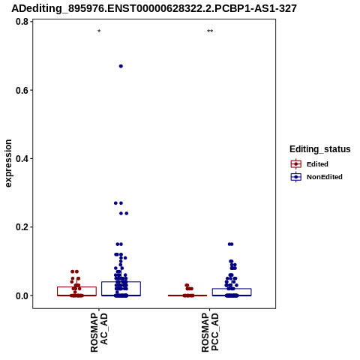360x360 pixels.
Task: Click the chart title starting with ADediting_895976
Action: [154, 8]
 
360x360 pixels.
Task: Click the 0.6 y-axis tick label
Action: [22, 90]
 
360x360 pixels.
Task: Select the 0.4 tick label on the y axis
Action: [22, 158]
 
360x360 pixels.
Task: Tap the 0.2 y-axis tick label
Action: [22, 227]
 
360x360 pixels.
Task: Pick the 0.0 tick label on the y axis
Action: [22, 295]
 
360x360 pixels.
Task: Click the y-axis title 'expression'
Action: [8, 163]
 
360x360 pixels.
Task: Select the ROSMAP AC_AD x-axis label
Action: [99, 333]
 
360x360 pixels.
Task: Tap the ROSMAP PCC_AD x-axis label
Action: [210, 333]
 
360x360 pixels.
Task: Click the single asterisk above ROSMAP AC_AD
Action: [99, 31]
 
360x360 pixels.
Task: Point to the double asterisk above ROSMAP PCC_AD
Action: [210, 31]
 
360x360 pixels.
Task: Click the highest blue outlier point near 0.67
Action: [121, 66]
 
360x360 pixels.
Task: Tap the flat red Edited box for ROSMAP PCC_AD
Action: [187, 295]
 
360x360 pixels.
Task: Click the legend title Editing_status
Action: [320, 149]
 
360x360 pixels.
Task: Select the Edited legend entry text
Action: [317, 164]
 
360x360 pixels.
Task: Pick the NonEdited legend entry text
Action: [325, 177]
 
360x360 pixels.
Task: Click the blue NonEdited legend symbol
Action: [296, 177]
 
